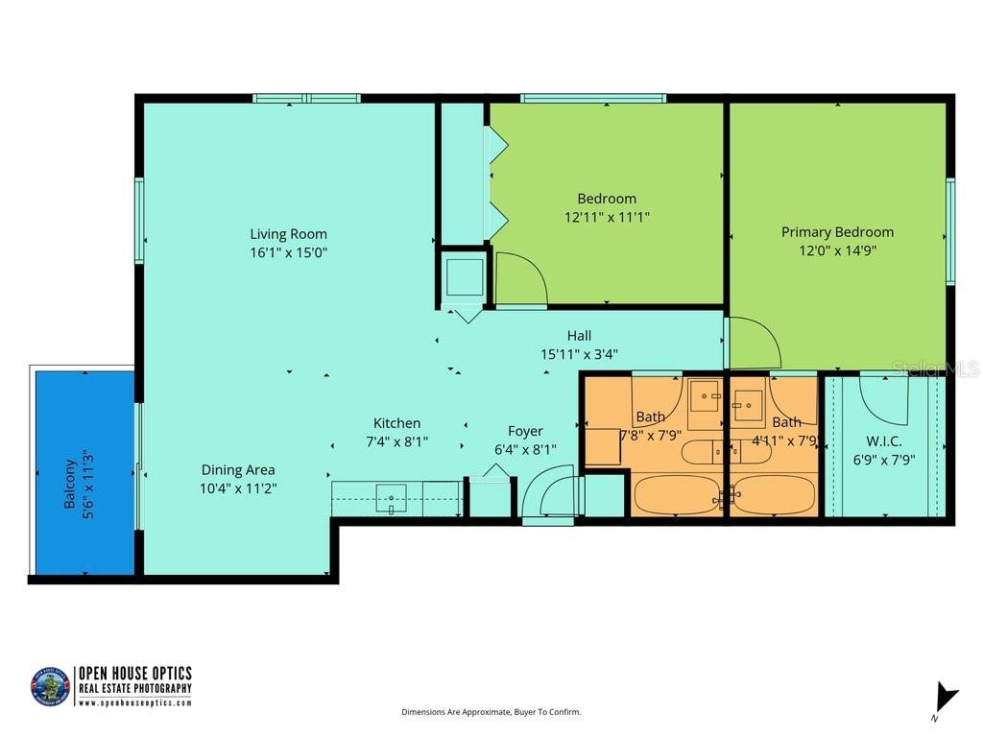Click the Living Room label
pyautogui.click(x=288, y=233)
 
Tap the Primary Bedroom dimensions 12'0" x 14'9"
pyautogui.click(x=836, y=250)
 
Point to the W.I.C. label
pyautogui.click(x=883, y=440)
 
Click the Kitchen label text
pyautogui.click(x=396, y=423)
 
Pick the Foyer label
pyautogui.click(x=525, y=431)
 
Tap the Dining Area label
pyautogui.click(x=238, y=469)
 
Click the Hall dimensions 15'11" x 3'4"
pyautogui.click(x=579, y=353)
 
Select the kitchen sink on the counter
pyautogui.click(x=391, y=498)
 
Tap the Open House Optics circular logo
pyautogui.click(x=50, y=687)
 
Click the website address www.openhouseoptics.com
pyautogui.click(x=134, y=702)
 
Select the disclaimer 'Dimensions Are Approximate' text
pyautogui.click(x=491, y=712)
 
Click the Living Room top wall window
pyautogui.click(x=306, y=98)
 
